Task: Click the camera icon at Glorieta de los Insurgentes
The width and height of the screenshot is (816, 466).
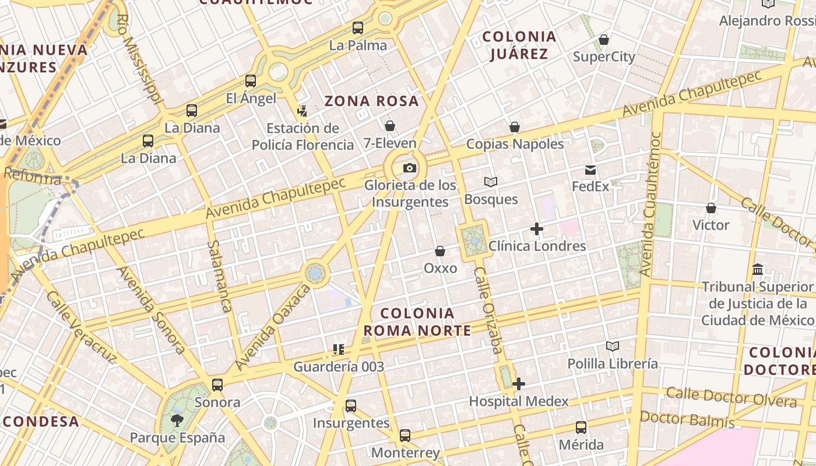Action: (x=410, y=168)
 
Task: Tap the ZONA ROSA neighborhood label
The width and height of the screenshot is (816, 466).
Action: (x=372, y=101)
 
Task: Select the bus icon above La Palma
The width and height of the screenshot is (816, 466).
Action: (x=358, y=27)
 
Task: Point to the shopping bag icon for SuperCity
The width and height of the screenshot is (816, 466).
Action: (x=604, y=40)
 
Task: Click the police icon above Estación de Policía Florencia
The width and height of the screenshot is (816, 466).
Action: (x=302, y=111)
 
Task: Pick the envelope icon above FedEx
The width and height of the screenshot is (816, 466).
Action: (x=590, y=170)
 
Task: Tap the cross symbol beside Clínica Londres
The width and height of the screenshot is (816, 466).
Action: (x=537, y=229)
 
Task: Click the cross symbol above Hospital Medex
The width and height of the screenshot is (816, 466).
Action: (x=519, y=384)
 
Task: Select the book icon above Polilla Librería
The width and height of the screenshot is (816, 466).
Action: (x=613, y=347)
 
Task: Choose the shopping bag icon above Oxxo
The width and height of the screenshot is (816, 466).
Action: (x=440, y=251)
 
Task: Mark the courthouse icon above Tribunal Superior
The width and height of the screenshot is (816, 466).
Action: (x=758, y=269)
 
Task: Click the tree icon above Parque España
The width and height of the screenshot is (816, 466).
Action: (x=177, y=420)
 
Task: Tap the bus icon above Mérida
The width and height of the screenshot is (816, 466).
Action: (x=581, y=428)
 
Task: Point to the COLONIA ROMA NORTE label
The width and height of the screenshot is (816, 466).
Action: (x=417, y=322)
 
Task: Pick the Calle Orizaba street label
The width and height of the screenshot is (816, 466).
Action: (x=487, y=311)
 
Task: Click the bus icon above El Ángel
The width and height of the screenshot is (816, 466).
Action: (x=251, y=81)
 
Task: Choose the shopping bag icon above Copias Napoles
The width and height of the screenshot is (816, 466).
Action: (x=515, y=127)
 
